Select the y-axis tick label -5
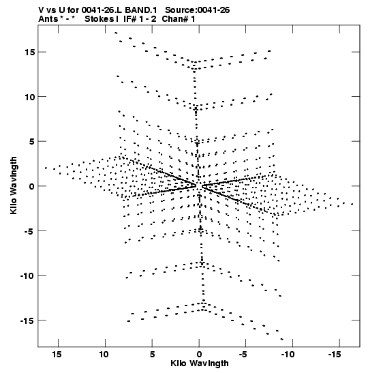point(29,231)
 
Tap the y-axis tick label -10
point(27,276)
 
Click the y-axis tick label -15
point(27,321)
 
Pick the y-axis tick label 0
point(31,187)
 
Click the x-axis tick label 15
point(57,355)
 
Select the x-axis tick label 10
point(104,355)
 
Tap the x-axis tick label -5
point(243,355)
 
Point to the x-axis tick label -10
point(288,355)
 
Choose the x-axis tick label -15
point(335,355)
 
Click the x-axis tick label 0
point(199,355)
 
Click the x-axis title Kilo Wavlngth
point(200,363)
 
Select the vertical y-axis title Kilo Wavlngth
point(14,185)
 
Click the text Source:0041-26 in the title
point(198,10)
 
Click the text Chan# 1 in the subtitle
point(179,19)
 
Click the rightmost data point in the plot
point(352,204)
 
